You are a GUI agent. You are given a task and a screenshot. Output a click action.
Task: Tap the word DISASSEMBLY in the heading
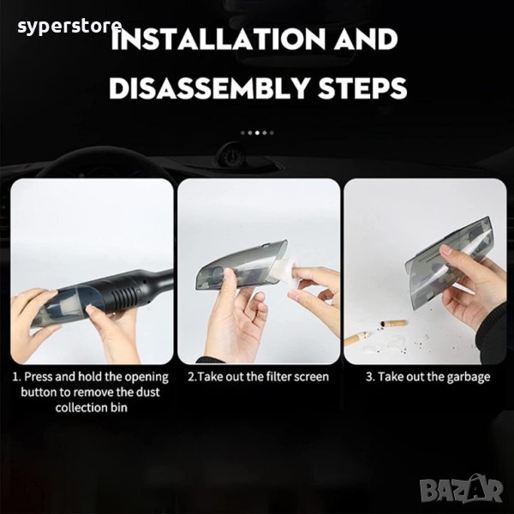point(210,88)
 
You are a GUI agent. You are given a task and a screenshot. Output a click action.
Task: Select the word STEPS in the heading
point(362,88)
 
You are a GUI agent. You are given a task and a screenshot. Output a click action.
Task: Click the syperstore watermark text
point(69,27)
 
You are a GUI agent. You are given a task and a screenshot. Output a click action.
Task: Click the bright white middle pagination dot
point(257,133)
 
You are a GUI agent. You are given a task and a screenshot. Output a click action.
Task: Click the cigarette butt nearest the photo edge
point(356,338)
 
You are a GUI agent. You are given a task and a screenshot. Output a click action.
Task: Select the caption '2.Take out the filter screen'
point(259,377)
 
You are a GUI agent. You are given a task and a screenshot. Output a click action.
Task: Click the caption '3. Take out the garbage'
point(428,377)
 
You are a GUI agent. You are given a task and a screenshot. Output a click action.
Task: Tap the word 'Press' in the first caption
point(39,376)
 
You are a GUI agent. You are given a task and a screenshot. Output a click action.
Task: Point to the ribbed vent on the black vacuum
point(124,293)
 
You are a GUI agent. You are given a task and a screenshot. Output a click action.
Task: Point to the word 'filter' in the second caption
point(279,377)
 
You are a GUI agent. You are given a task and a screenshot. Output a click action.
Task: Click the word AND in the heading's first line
point(366,39)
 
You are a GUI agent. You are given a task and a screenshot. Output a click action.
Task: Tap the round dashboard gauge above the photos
point(232,154)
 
